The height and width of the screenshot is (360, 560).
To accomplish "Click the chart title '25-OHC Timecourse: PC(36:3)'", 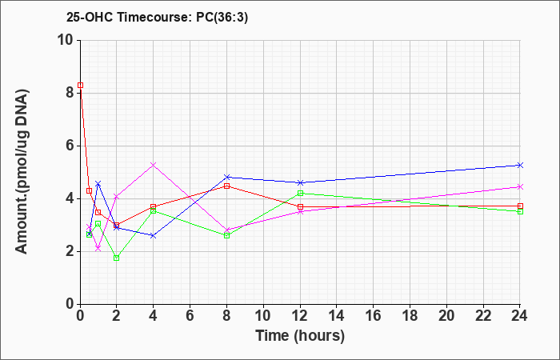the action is (x=157, y=17).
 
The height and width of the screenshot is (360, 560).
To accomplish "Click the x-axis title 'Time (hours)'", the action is (x=300, y=336).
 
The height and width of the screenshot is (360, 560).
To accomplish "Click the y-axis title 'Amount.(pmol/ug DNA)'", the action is (x=22, y=171).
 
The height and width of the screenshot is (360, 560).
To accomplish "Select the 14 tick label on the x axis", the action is (x=337, y=316).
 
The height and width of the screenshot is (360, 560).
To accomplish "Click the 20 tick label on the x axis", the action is (x=446, y=316).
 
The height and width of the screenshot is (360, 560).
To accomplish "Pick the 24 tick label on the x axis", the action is (x=520, y=316).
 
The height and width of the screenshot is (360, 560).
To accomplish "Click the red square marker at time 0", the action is (x=80, y=85).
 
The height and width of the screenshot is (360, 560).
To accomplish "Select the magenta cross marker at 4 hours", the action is (x=154, y=165).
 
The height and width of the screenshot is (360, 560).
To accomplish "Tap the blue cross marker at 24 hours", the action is (x=520, y=165).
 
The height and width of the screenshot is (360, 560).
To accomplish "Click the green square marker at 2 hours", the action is (x=117, y=258).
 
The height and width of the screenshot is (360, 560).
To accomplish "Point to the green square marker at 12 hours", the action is (x=300, y=194).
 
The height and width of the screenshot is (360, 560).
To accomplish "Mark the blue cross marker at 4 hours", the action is (x=154, y=236).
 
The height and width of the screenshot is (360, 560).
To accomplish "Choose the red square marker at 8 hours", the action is (x=226, y=186).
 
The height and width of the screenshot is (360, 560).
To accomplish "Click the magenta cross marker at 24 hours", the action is (x=520, y=186).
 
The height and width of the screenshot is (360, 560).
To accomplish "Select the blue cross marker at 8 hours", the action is (x=226, y=177).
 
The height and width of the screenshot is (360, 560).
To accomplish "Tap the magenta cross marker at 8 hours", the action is (x=226, y=230).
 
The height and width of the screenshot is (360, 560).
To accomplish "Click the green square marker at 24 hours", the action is (x=520, y=211).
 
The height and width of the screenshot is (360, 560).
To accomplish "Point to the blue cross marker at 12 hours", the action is (x=300, y=183).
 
